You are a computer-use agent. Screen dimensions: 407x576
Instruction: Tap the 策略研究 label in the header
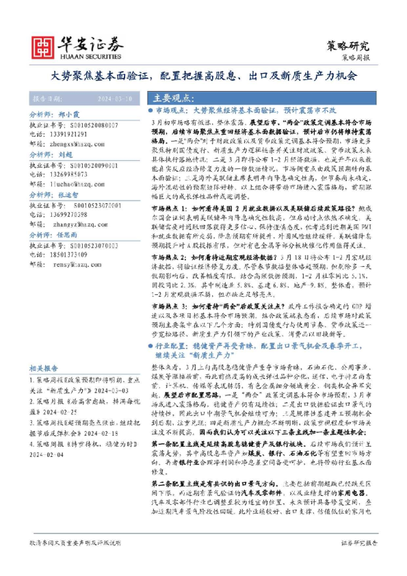(x=347, y=45)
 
